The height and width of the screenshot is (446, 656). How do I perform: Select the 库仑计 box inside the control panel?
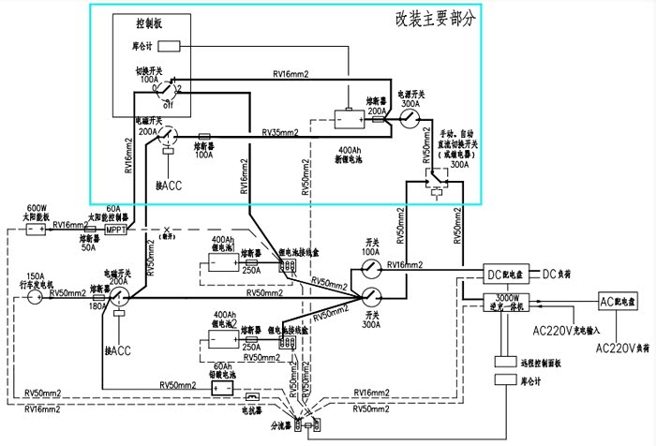169,46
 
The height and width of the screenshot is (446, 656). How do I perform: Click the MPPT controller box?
115,230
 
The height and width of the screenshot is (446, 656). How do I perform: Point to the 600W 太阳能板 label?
37,213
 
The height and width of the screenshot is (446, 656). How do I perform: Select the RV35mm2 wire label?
280,133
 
